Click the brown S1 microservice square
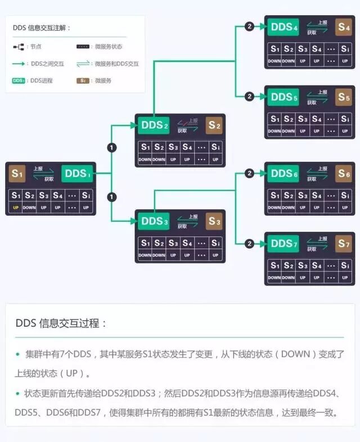pyautogui.click(x=17, y=173)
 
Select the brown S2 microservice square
pyautogui.click(x=214, y=125)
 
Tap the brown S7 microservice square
pyautogui.click(x=344, y=244)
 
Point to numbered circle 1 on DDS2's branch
pyautogui.click(x=111, y=148)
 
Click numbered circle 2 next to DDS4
pyautogui.click(x=249, y=26)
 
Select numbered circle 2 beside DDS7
pyautogui.click(x=249, y=244)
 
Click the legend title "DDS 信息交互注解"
pyautogui.click(x=42, y=28)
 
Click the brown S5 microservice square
pyautogui.click(x=344, y=97)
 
